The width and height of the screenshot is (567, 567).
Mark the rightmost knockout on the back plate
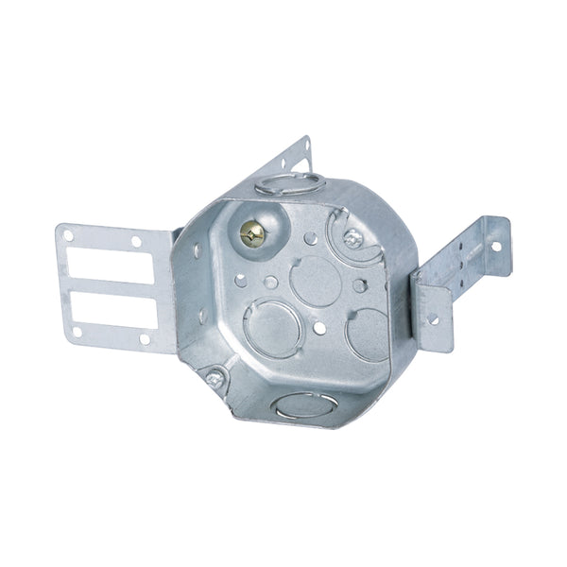(368, 333)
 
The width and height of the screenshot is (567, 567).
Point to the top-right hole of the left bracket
(136, 242)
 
